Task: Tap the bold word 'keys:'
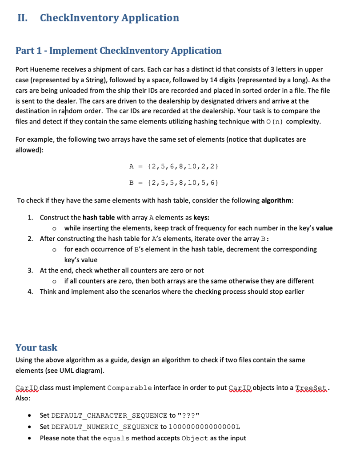pyautogui.click(x=200, y=218)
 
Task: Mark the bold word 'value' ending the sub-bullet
pyautogui.click(x=324, y=228)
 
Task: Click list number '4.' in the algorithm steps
pyautogui.click(x=30, y=291)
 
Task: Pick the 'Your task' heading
pyautogui.click(x=36, y=347)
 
